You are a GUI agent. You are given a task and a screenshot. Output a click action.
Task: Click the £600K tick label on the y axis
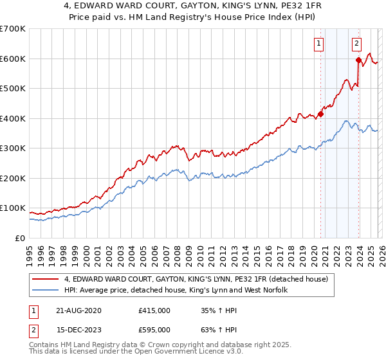[x=13, y=59]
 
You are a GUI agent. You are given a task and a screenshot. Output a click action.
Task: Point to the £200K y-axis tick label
[x=13, y=178]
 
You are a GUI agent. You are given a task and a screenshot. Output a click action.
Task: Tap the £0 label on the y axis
[x=20, y=238]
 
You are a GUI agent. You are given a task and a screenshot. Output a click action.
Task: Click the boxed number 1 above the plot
[x=318, y=44]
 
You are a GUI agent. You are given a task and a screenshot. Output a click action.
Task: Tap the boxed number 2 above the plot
[x=356, y=44]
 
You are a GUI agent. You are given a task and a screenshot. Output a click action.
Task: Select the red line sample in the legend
[x=46, y=279]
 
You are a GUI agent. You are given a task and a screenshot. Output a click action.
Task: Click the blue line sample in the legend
[x=46, y=290]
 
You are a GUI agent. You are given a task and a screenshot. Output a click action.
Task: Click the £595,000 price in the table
[x=154, y=329]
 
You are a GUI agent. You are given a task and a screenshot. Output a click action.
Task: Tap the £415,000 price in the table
[x=154, y=310]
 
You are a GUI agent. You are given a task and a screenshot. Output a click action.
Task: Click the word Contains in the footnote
[x=45, y=345]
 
